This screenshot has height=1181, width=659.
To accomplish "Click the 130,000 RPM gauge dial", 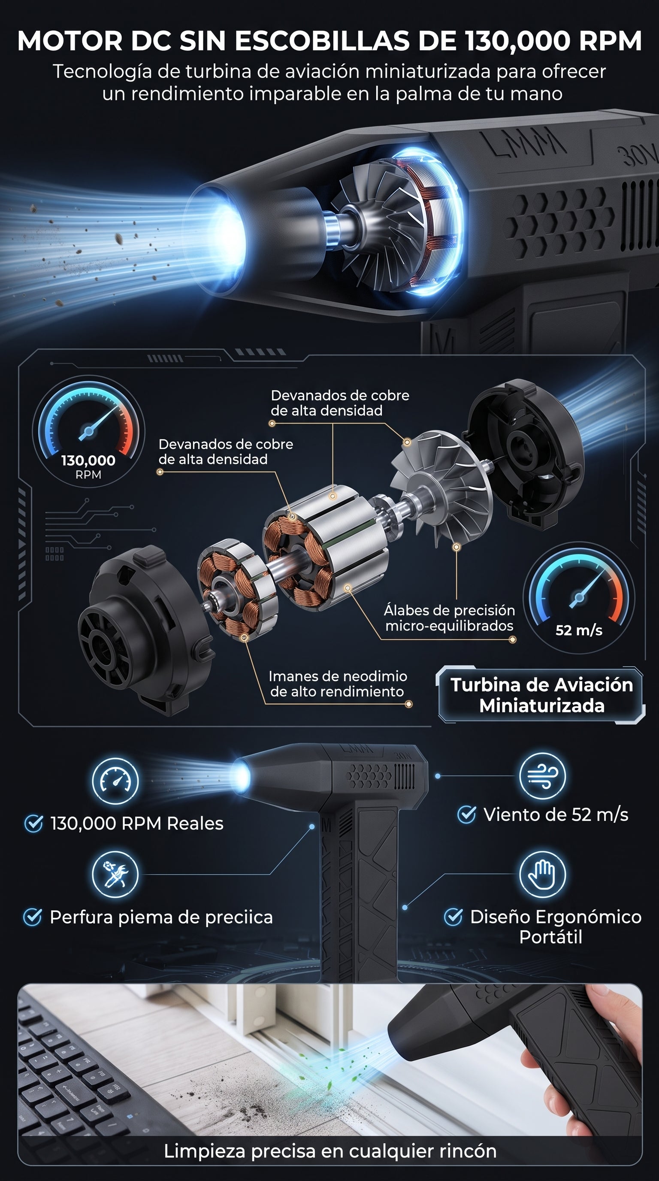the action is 88,431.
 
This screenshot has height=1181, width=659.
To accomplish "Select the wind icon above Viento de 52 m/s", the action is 542,776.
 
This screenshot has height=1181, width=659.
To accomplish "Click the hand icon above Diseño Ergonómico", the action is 542,874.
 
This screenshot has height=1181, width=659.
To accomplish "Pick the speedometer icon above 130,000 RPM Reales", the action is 115,780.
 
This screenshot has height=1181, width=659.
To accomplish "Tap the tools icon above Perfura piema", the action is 115,874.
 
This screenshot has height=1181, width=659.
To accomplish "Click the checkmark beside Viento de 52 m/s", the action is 466,815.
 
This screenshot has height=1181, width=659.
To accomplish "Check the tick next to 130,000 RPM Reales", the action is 33,824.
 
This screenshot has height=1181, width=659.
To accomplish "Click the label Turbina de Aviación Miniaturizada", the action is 542,695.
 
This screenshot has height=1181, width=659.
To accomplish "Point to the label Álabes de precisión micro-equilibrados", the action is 449,618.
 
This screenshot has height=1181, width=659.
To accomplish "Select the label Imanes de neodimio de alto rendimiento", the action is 338,684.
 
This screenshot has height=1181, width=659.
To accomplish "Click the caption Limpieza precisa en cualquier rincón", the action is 330,1151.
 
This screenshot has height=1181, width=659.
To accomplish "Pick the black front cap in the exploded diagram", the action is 146,630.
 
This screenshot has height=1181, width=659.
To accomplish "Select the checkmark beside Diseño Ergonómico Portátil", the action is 453,917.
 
